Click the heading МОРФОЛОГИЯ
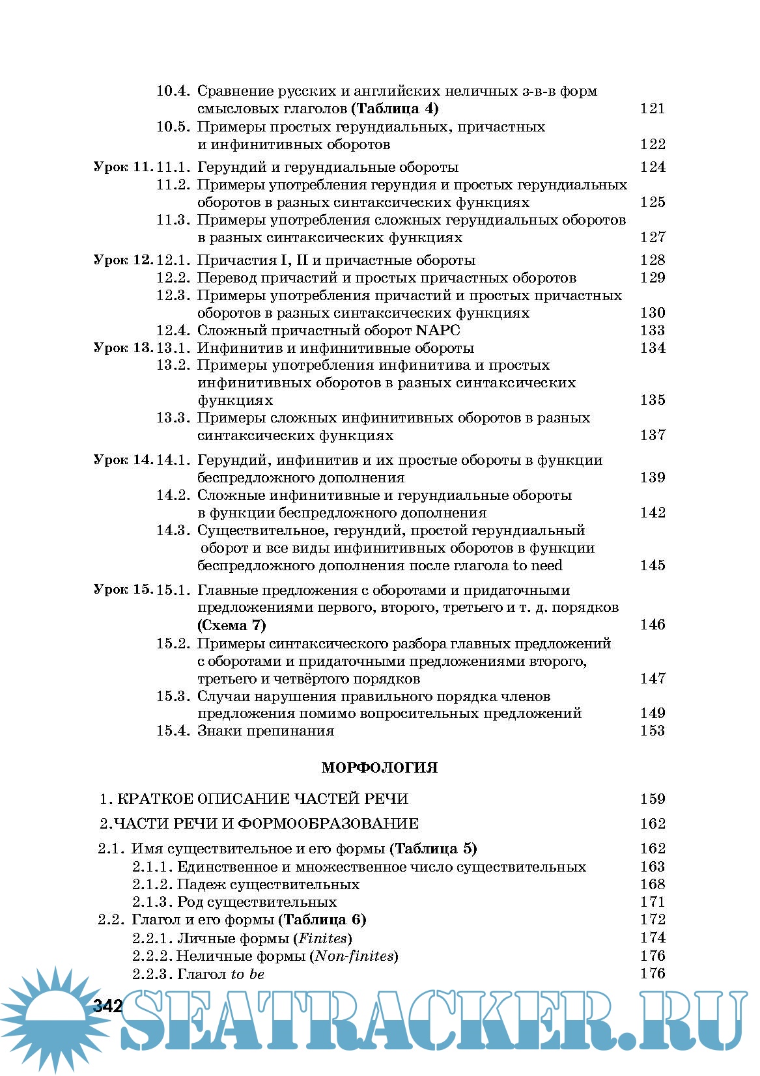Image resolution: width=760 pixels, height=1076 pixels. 379,767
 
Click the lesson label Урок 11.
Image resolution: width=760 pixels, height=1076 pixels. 122,167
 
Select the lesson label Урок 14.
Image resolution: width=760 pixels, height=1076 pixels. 122,460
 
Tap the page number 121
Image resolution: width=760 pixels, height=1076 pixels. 652,109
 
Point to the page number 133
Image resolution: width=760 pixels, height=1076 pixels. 652,330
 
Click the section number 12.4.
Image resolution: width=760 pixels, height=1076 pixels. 173,330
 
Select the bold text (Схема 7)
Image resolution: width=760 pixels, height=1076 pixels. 232,625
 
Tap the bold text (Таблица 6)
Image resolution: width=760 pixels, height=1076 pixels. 322,919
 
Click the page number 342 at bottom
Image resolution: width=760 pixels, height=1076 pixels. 108,1005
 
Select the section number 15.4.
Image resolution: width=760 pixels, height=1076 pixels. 173,730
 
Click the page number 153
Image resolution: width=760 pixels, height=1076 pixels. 652,730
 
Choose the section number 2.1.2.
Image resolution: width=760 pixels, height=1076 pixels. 153,884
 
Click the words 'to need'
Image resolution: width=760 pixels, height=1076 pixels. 537,565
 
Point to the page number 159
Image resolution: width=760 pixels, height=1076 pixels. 652,799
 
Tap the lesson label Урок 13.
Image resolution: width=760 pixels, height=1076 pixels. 122,348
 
